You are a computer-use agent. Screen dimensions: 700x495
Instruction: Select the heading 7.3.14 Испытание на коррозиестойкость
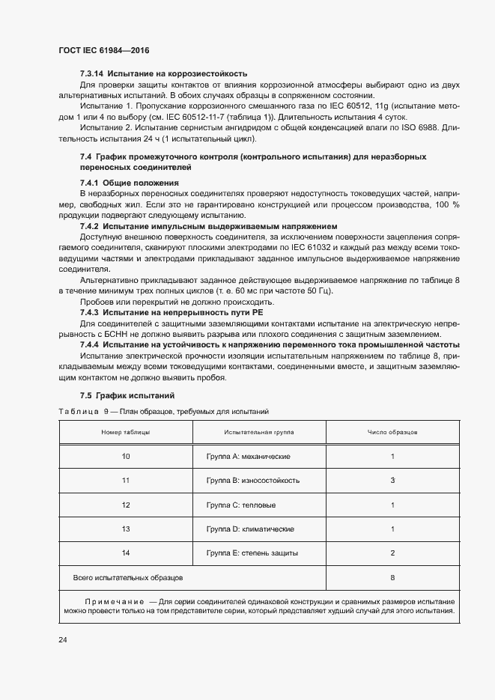point(163,73)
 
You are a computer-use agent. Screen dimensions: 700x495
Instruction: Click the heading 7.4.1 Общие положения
point(129,183)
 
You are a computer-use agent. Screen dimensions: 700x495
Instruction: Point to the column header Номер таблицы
point(126,433)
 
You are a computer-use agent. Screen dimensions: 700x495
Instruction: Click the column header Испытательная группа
point(258,433)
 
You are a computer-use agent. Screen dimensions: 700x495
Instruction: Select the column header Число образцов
point(392,433)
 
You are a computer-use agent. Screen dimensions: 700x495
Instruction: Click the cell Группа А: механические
point(248,457)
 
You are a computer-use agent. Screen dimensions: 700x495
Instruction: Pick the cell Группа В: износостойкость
point(252,481)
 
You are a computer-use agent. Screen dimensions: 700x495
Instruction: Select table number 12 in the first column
point(126,505)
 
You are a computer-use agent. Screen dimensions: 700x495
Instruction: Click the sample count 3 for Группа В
point(392,481)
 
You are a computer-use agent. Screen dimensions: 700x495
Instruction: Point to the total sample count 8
point(392,578)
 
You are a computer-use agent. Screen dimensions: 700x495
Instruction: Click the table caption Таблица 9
point(84,412)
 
